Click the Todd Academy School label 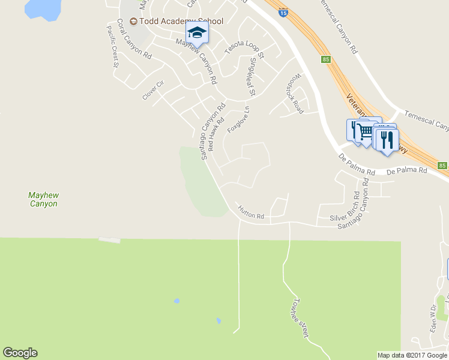(x=180, y=21)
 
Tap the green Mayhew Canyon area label (x=43, y=199)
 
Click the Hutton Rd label (x=251, y=212)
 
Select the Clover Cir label (x=153, y=90)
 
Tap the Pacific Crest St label (x=113, y=46)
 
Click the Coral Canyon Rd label (x=134, y=38)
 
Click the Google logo (x=20, y=353)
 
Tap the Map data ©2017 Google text (x=412, y=355)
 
